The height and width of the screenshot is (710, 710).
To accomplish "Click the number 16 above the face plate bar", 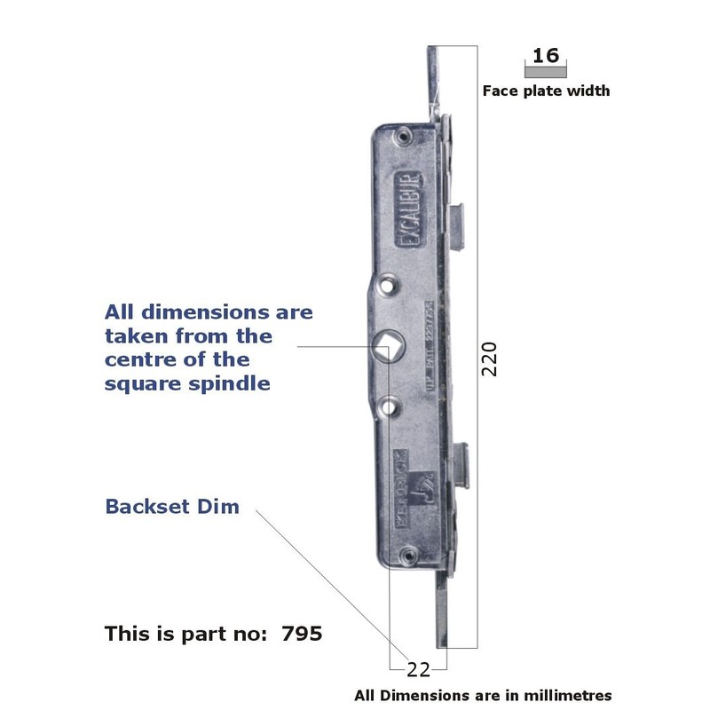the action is pos(546,55).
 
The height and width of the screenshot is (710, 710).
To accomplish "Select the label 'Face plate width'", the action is pos(546,91).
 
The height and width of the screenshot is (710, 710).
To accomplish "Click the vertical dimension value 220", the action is pos(489,359).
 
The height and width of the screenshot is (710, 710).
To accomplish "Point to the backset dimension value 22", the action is pos(418,668).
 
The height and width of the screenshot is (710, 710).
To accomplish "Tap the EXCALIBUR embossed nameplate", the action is pos(410,203).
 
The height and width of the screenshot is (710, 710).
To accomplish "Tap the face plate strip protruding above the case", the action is pos(436,84).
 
